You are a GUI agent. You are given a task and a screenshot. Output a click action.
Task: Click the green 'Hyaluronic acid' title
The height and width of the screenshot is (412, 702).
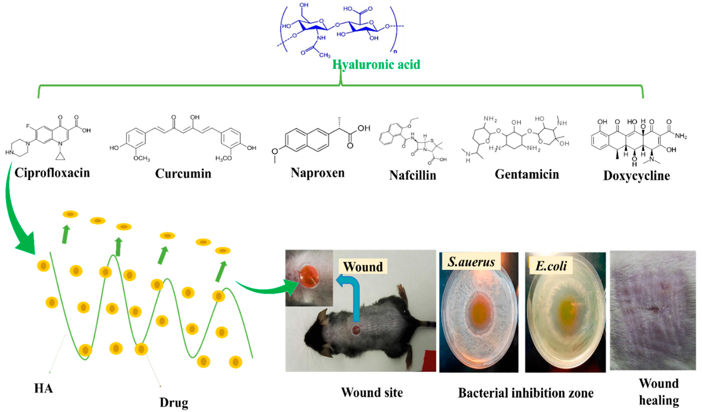[x=376, y=65]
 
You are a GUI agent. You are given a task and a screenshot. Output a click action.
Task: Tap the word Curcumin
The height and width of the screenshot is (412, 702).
[x=183, y=174]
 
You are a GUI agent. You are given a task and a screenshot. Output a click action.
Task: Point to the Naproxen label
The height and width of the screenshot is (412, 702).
[x=318, y=173]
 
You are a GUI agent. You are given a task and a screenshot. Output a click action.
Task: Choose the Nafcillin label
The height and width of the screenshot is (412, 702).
[x=413, y=175]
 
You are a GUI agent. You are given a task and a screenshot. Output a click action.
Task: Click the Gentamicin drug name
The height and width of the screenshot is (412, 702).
[x=527, y=174]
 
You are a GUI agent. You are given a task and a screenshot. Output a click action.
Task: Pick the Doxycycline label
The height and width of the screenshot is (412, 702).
[x=636, y=176]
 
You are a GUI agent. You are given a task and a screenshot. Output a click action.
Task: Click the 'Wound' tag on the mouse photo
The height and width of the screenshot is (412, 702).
[x=363, y=267]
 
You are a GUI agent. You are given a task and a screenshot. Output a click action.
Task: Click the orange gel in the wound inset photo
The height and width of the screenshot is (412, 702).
[x=308, y=277]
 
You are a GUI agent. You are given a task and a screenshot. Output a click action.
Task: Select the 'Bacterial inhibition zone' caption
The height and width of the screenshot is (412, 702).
[x=526, y=393]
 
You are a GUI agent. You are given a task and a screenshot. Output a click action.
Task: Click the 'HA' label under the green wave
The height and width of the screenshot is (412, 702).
[x=43, y=388]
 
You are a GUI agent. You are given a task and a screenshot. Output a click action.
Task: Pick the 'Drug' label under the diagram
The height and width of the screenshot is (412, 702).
[x=174, y=403]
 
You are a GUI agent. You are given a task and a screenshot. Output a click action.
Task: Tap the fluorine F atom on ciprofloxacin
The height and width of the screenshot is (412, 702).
[x=28, y=126]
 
